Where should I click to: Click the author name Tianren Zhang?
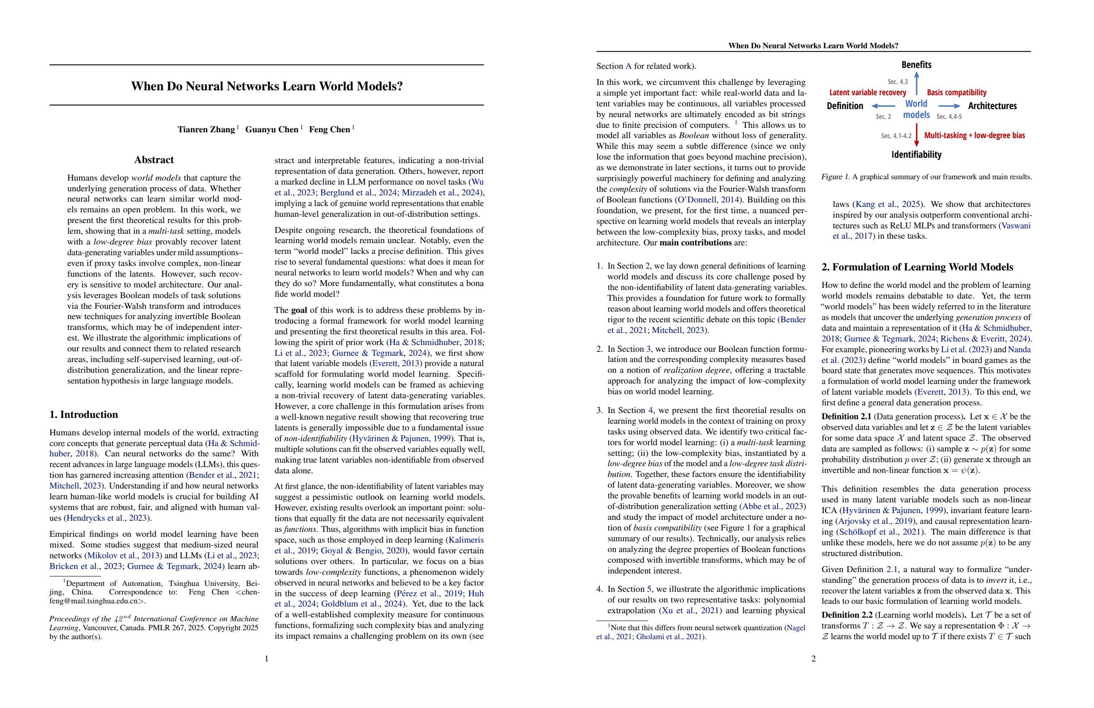click(x=206, y=130)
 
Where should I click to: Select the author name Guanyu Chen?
click(x=272, y=130)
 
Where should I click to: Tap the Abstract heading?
click(x=154, y=160)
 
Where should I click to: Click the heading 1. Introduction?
click(x=84, y=415)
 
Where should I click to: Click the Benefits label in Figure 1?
click(x=916, y=65)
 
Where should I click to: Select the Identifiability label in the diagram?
click(x=916, y=155)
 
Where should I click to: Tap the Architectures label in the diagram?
click(x=992, y=106)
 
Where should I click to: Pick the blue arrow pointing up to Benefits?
click(x=917, y=84)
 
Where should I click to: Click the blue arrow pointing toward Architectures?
click(x=949, y=106)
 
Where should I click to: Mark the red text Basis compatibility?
click(x=956, y=93)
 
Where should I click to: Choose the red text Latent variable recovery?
click(x=867, y=93)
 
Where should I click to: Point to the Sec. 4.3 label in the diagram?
click(x=897, y=82)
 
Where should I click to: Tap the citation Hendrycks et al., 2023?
click(x=108, y=518)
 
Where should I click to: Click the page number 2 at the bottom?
click(x=813, y=659)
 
